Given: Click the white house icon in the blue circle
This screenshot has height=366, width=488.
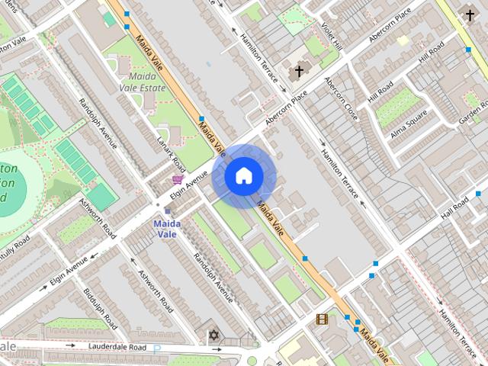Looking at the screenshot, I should [243, 176].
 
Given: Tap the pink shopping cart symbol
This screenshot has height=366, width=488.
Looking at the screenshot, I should [178, 180].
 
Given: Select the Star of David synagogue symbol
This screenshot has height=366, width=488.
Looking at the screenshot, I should [213, 335].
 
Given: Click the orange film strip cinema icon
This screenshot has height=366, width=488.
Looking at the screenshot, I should [322, 319].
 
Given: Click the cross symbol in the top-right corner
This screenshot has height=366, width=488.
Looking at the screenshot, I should [469, 14].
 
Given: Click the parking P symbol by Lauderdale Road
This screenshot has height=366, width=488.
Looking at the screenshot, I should [158, 348].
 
